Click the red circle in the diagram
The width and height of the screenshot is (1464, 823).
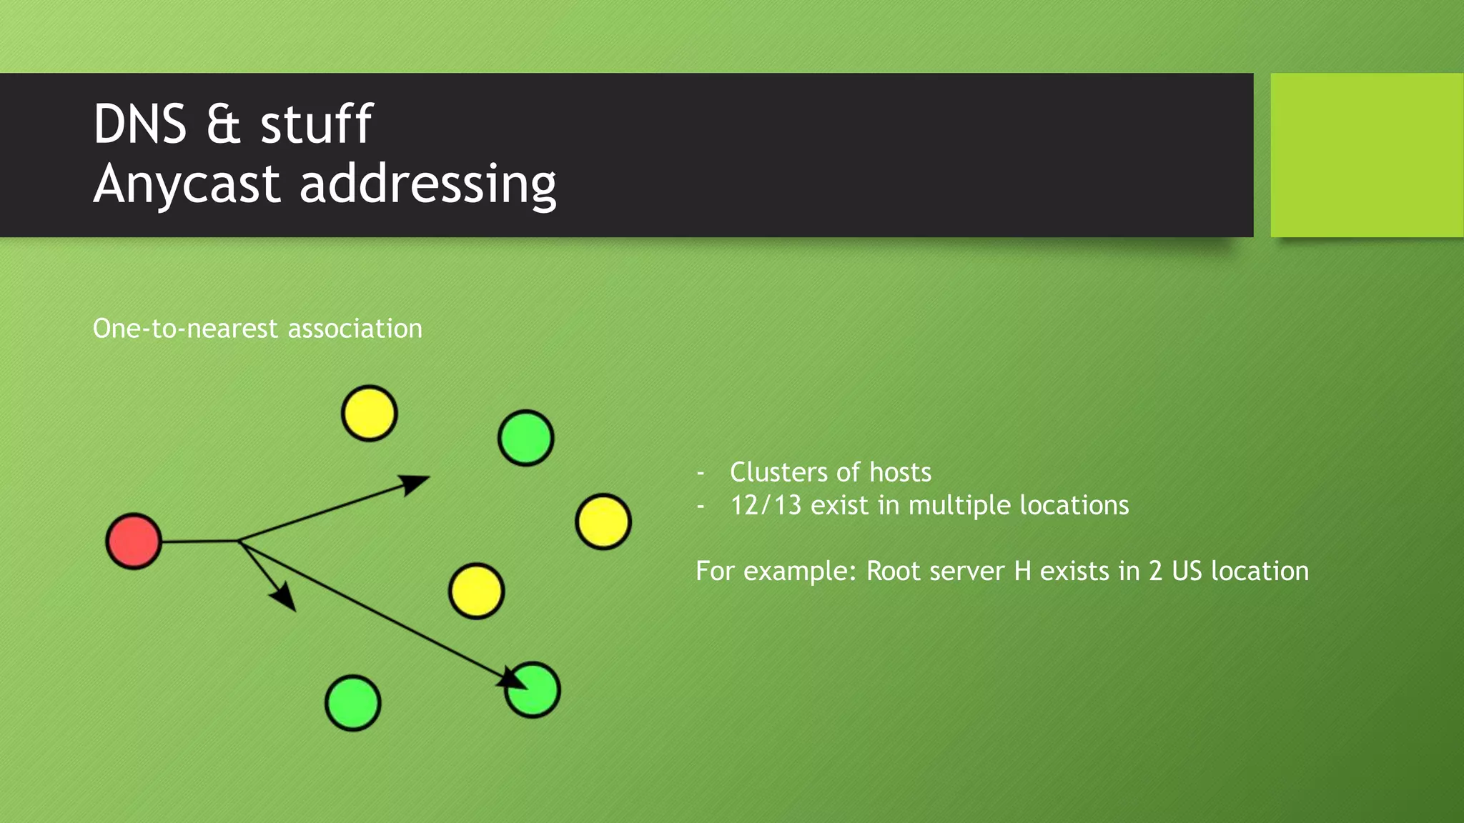click(x=134, y=541)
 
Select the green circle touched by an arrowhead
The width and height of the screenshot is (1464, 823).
click(x=533, y=690)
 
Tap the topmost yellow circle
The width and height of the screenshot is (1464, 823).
click(x=369, y=413)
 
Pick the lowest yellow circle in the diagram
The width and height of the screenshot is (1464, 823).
click(x=476, y=591)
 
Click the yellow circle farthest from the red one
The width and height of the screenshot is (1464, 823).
click(x=603, y=522)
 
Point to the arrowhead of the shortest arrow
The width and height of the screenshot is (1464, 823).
click(x=286, y=597)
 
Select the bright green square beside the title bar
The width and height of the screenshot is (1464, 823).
click(x=1367, y=155)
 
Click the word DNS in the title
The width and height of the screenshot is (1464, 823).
click(x=140, y=124)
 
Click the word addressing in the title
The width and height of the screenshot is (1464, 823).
click(x=427, y=184)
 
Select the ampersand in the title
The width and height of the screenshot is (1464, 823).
click(x=223, y=124)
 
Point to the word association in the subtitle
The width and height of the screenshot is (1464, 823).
click(x=355, y=329)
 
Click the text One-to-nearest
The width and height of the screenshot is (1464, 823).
click(x=185, y=329)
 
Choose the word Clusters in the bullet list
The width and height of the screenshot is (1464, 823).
click(x=778, y=472)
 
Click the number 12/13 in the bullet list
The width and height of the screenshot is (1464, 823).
click(x=766, y=506)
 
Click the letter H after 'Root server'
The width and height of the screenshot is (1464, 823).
click(x=1022, y=572)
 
